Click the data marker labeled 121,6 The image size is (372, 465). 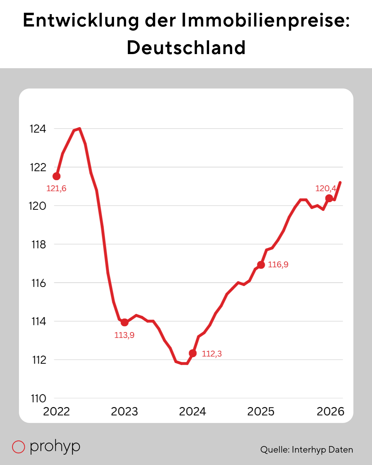coord(56,176)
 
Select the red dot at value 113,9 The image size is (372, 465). coord(124,322)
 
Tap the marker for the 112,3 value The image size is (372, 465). coord(193,353)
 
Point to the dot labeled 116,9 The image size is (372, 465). coord(261,265)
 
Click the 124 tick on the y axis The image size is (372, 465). coord(38,129)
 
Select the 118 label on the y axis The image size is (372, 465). coord(39,245)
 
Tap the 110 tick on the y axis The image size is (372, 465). coord(39,399)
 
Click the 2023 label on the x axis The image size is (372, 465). coord(124,412)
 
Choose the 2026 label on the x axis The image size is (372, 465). coord(330,412)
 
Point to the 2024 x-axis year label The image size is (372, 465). coord(193,412)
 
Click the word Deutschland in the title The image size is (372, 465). coord(186,48)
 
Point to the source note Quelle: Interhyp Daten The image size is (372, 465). coord(307,449)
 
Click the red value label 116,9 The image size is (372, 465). coord(278,265)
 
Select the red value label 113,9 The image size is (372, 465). coord(124,335)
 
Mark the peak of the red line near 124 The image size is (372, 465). coord(80,129)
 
